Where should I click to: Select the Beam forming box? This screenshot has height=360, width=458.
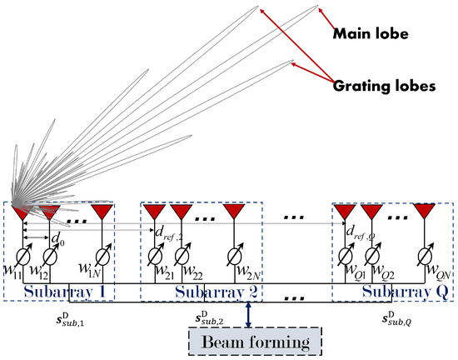(250, 342)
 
